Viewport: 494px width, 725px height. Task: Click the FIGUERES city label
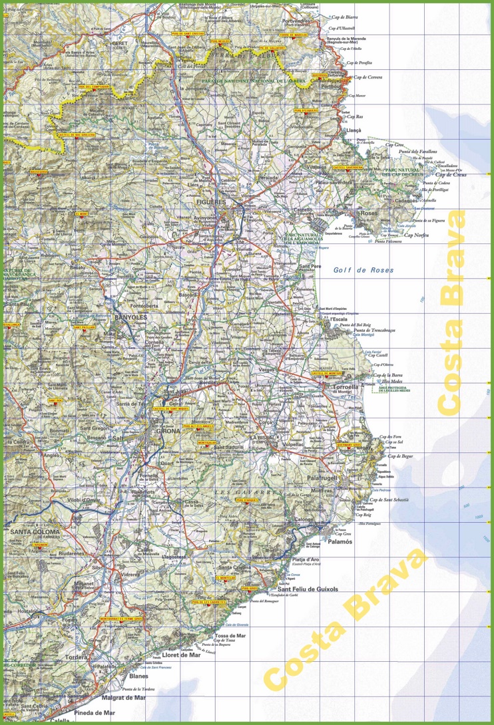(x=226, y=200)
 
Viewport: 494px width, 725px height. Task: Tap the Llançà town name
(x=354, y=131)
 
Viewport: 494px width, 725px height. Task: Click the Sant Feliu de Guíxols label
(x=308, y=589)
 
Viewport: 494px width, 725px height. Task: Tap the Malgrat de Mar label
(x=123, y=698)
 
